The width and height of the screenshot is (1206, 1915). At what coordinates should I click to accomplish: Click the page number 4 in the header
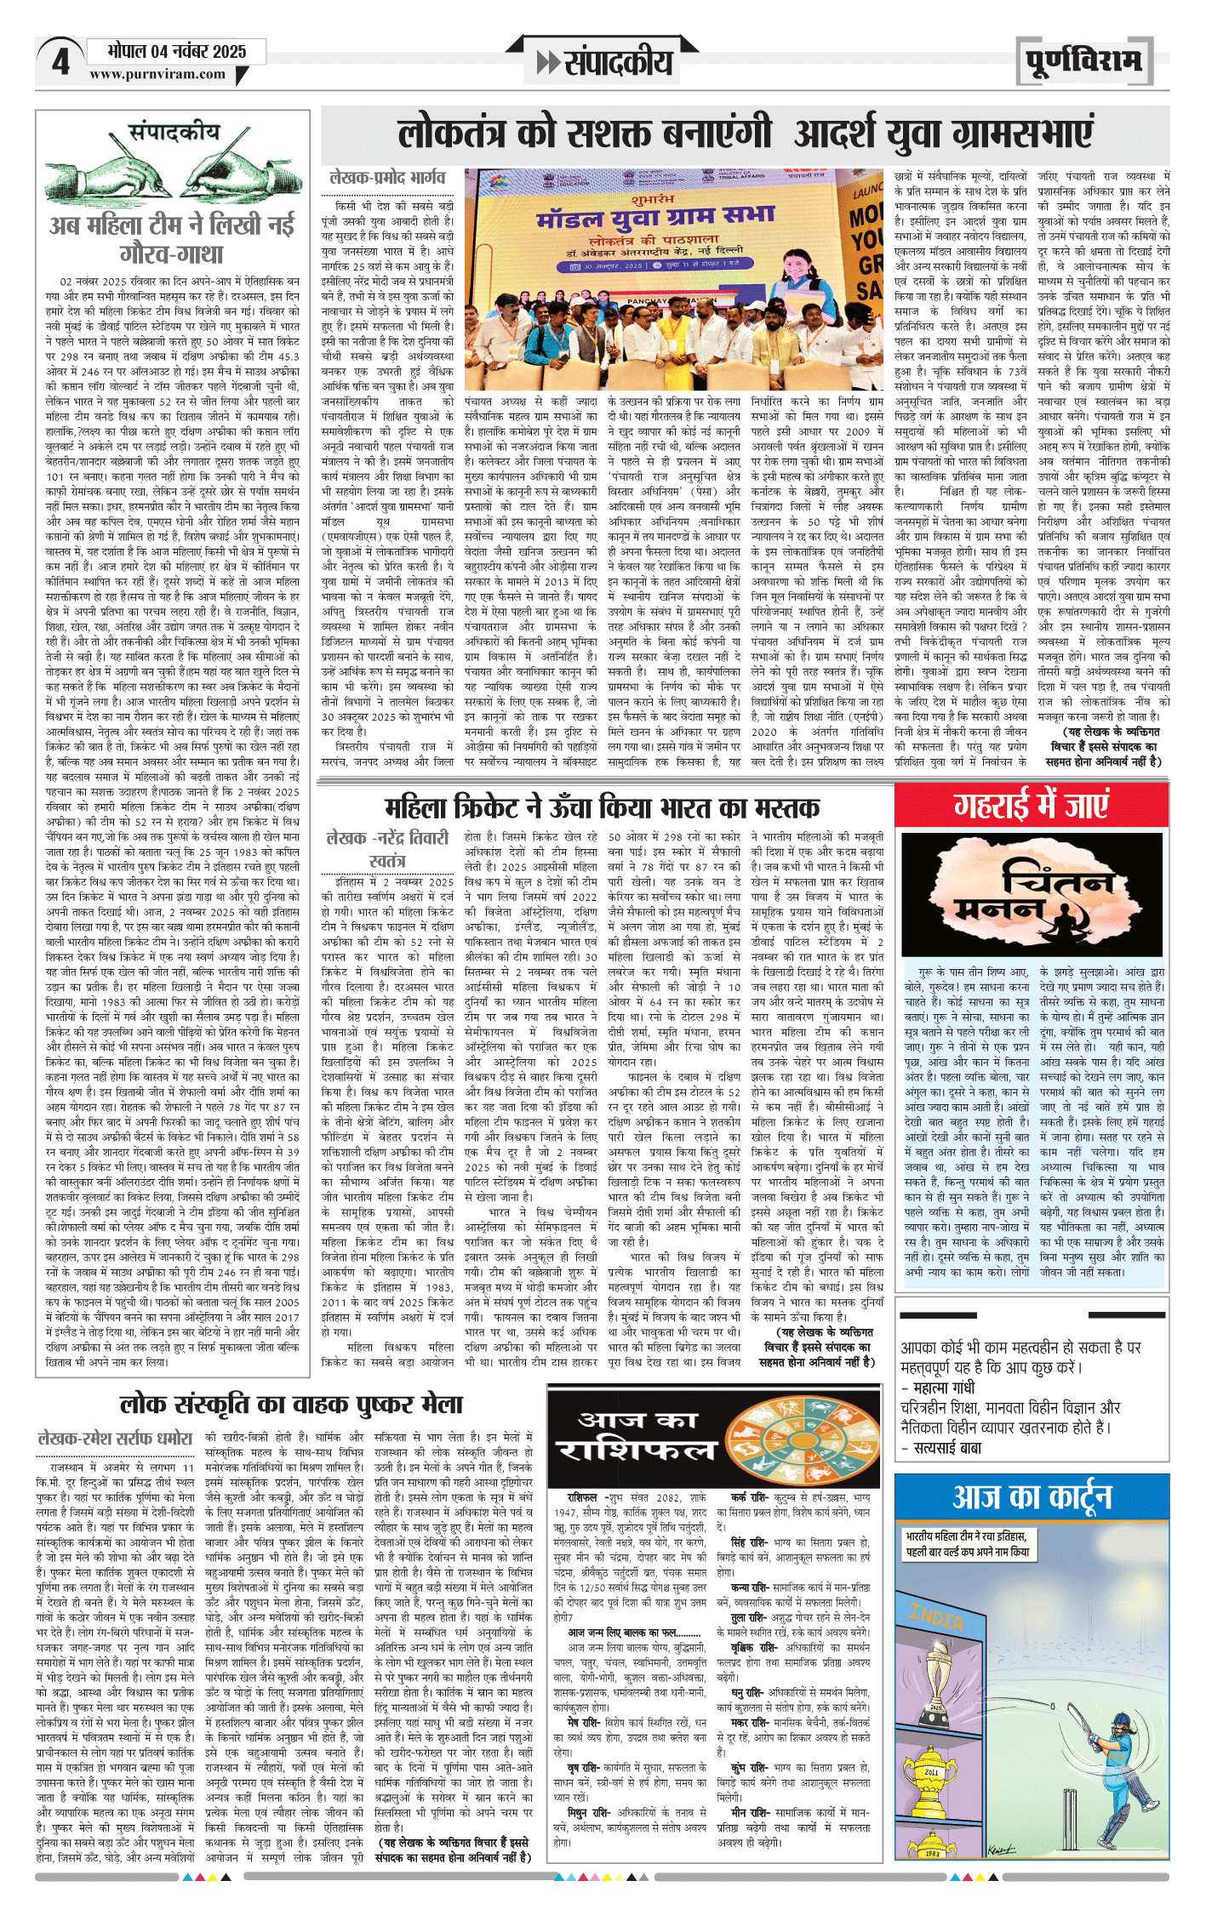pyautogui.click(x=60, y=61)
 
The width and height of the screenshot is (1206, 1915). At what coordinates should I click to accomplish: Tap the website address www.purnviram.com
pyautogui.click(x=157, y=74)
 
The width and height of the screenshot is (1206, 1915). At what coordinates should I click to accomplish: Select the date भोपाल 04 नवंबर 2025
pyautogui.click(x=177, y=51)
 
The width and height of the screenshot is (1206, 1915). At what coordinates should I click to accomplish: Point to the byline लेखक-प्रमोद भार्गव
pyautogui.click(x=387, y=177)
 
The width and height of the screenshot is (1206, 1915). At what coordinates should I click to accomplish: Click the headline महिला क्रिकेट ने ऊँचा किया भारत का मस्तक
pyautogui.click(x=602, y=806)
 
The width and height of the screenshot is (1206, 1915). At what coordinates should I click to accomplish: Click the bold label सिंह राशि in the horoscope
pyautogui.click(x=750, y=1542)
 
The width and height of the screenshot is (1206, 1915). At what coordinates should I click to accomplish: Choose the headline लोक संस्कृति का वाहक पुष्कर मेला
pyautogui.click(x=291, y=1404)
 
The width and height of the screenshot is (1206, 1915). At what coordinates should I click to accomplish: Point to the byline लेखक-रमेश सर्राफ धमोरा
pyautogui.click(x=115, y=1439)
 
